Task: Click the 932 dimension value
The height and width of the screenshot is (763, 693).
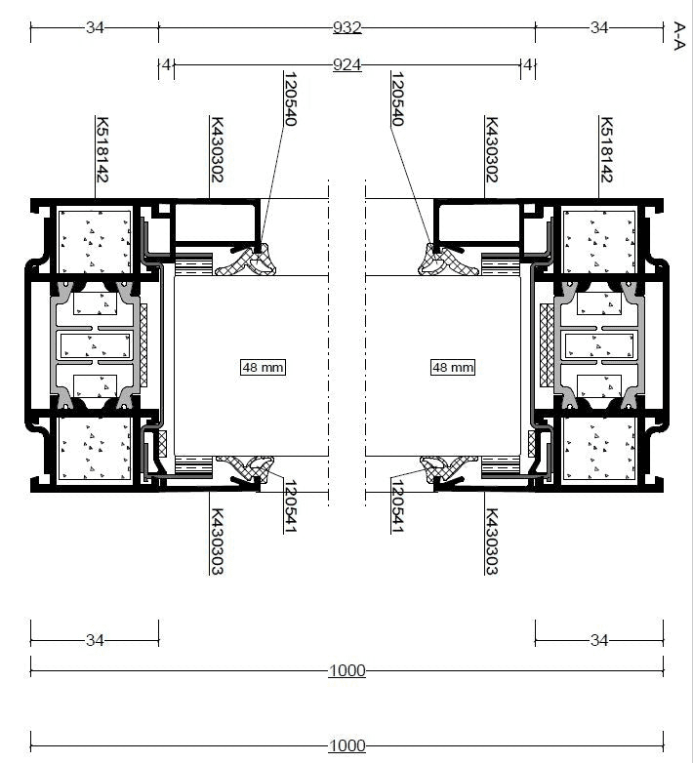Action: click(x=346, y=27)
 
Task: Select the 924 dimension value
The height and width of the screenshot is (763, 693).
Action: click(x=346, y=64)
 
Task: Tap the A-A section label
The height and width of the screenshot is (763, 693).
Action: click(x=679, y=35)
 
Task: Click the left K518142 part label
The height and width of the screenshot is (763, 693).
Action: click(x=102, y=149)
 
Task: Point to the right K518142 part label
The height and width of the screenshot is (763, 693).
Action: click(x=606, y=149)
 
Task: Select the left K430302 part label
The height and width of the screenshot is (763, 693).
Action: click(x=217, y=149)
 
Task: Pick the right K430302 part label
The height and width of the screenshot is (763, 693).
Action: click(x=492, y=149)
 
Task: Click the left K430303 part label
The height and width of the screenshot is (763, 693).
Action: click(x=217, y=542)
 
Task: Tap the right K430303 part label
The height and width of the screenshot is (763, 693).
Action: click(x=492, y=542)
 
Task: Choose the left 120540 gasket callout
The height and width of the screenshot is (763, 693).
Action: click(x=291, y=99)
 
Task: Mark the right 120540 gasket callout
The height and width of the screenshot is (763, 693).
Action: click(x=397, y=99)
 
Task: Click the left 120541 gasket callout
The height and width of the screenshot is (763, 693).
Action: click(x=291, y=506)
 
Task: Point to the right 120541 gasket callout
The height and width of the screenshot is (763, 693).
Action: click(x=397, y=506)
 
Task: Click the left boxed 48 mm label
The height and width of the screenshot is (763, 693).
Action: click(x=263, y=367)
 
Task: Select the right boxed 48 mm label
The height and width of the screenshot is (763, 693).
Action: click(x=453, y=367)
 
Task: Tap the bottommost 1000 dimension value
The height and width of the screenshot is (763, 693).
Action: click(x=346, y=745)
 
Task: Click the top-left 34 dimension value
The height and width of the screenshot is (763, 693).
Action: click(x=95, y=27)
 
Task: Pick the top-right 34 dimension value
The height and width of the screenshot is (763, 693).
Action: click(x=599, y=27)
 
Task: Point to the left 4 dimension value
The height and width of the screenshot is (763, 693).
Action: click(x=167, y=64)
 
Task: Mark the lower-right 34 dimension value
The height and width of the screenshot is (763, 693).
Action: click(x=599, y=640)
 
